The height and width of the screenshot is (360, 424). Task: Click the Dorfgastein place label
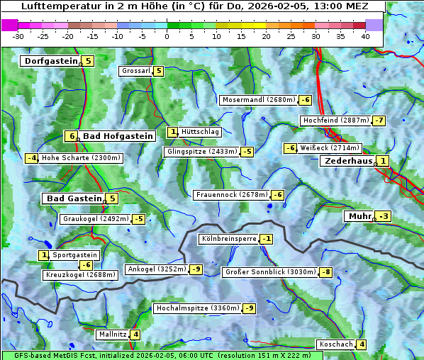50,61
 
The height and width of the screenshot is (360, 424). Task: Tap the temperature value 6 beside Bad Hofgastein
71,136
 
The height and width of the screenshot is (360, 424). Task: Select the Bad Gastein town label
74,198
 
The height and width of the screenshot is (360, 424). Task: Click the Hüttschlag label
201,132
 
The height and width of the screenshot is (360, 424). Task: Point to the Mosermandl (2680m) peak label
259,100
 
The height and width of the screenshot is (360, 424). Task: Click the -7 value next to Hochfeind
379,120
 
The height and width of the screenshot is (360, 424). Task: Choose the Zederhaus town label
347,161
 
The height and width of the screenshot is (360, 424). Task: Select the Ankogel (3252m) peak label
156,269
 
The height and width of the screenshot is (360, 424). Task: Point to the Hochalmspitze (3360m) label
197,308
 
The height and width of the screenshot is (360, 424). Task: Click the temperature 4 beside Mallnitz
135,334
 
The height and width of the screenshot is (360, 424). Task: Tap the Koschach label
336,344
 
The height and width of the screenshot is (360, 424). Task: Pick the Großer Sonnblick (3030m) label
269,272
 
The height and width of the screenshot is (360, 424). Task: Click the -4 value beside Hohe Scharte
31,158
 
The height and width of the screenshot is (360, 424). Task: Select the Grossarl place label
136,71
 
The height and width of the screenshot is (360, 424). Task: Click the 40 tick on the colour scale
365,36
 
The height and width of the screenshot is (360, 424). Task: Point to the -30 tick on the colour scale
18,36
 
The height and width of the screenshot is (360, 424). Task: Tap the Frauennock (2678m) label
231,195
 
